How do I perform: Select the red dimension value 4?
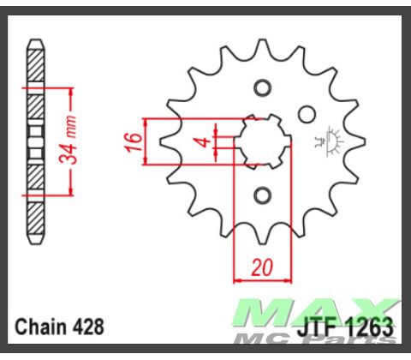(202, 141)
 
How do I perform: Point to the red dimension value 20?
(263, 267)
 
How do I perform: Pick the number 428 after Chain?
(89, 327)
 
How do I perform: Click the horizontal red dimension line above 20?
(263, 279)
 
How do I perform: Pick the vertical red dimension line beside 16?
(148, 141)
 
